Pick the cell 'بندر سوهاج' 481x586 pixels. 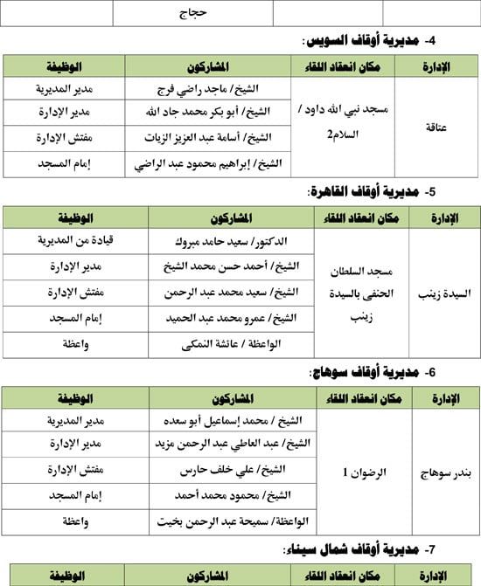pos(449,472)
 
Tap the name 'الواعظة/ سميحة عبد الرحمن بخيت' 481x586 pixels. pos(233,521)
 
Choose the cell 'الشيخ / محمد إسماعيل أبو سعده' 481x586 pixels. pos(232,420)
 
